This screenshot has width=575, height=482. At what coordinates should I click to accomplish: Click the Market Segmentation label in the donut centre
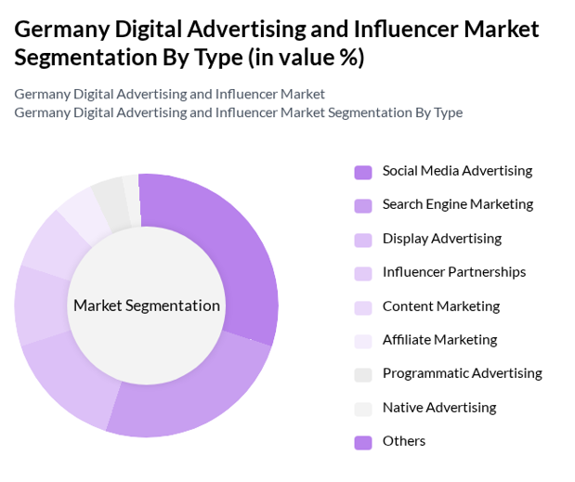pos(147,306)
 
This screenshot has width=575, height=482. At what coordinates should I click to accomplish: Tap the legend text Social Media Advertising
pos(457,171)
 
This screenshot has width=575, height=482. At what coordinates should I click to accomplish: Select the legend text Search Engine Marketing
pos(457,204)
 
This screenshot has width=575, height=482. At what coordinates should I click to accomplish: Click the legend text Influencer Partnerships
pos(453,272)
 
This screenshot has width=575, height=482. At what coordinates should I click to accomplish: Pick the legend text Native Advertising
pos(438,408)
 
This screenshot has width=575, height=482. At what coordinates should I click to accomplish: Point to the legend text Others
pos(403,441)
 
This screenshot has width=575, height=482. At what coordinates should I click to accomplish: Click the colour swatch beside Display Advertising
pos(363,240)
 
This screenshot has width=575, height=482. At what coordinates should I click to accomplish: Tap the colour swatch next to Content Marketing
pos(363,307)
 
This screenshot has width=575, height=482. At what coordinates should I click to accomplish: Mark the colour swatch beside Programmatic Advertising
pos(363,375)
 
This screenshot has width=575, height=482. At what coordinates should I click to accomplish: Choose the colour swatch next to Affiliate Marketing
pos(363,341)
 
